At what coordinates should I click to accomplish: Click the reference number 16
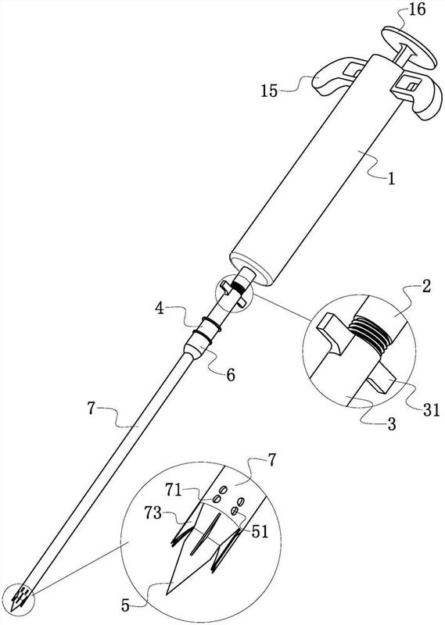tap(417, 10)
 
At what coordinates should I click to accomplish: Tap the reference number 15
tap(269, 91)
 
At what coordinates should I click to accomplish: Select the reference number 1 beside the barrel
tap(392, 179)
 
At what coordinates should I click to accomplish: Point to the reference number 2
tap(426, 287)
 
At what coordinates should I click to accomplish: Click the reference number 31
tap(432, 409)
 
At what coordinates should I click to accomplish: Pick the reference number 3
tap(392, 424)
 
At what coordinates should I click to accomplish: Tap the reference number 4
tap(160, 309)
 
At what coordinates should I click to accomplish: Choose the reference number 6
tap(231, 375)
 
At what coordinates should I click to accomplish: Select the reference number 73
tap(153, 513)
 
